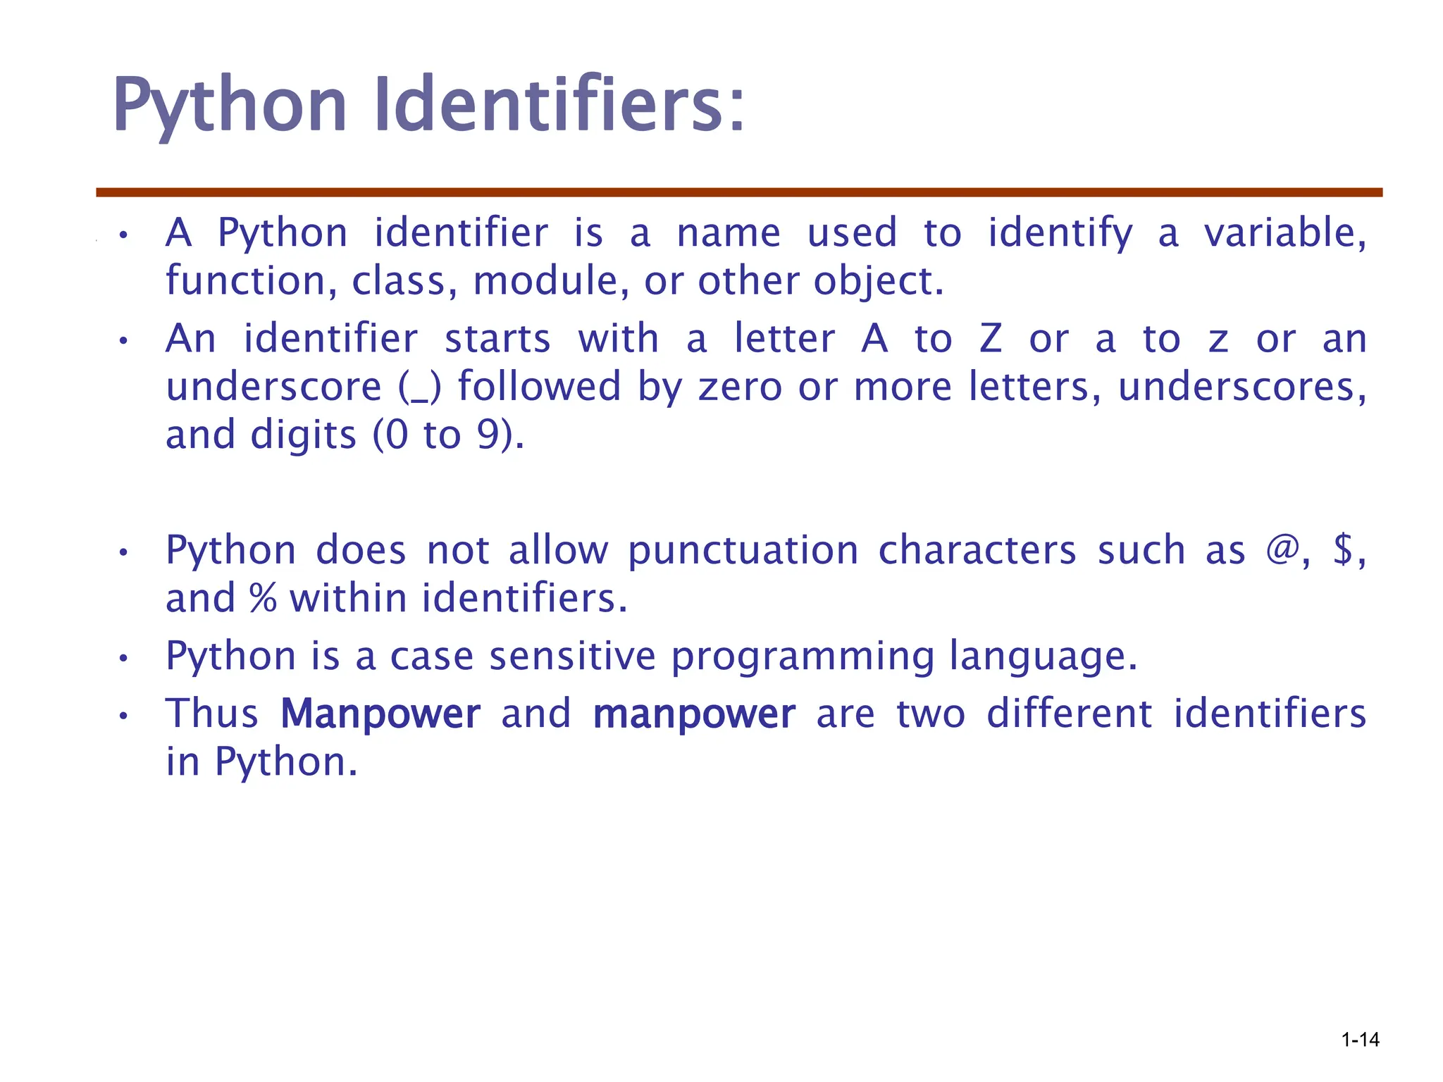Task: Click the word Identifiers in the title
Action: (x=558, y=106)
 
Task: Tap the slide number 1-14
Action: (x=1360, y=1040)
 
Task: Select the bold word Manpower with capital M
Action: (x=380, y=713)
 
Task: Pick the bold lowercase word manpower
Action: (x=694, y=714)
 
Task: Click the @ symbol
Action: (x=1282, y=549)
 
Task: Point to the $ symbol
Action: (x=1343, y=549)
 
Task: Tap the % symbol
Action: (x=262, y=598)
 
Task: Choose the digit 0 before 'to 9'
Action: (x=397, y=435)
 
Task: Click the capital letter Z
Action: (x=990, y=339)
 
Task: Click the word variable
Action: (x=1284, y=233)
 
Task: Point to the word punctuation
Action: (x=743, y=551)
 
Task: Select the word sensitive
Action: (x=572, y=656)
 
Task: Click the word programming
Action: (x=802, y=657)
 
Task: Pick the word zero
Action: (x=740, y=387)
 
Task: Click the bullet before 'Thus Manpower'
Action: (x=123, y=716)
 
